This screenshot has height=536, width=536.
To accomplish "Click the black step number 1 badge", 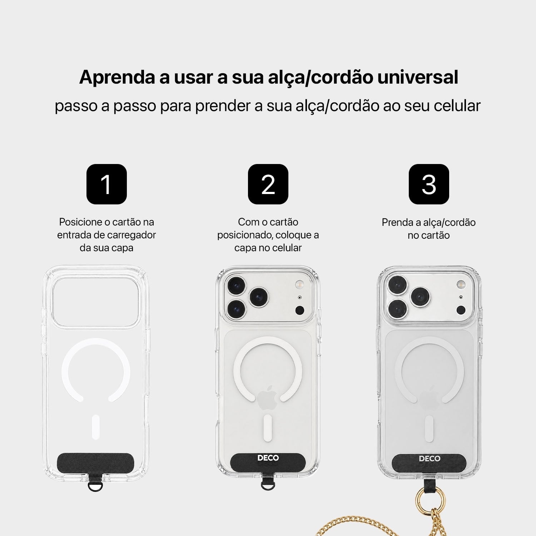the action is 106,184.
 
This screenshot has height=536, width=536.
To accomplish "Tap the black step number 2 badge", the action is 268,184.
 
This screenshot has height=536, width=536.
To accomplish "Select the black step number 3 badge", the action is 429,184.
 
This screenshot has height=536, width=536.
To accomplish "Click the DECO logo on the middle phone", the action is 268,458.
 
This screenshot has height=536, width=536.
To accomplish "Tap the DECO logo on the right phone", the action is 429,458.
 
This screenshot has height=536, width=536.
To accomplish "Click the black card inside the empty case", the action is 96,462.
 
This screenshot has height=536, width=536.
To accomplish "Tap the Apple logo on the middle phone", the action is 268,398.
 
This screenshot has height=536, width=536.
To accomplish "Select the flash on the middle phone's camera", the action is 299,284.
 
